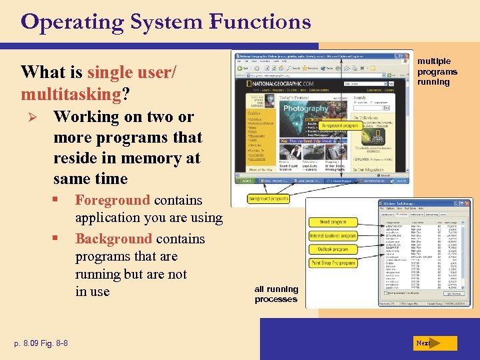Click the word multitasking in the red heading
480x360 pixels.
(71, 93)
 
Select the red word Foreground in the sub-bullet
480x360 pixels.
(113, 200)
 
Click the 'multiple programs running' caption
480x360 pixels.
(437, 71)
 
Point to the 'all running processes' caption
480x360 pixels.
(276, 294)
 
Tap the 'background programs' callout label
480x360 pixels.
(268, 199)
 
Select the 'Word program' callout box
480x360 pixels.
(332, 222)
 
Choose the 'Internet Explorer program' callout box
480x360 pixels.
(333, 236)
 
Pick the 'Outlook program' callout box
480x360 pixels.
(332, 249)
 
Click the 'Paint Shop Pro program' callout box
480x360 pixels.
(333, 263)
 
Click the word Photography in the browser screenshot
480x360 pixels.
(306, 108)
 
